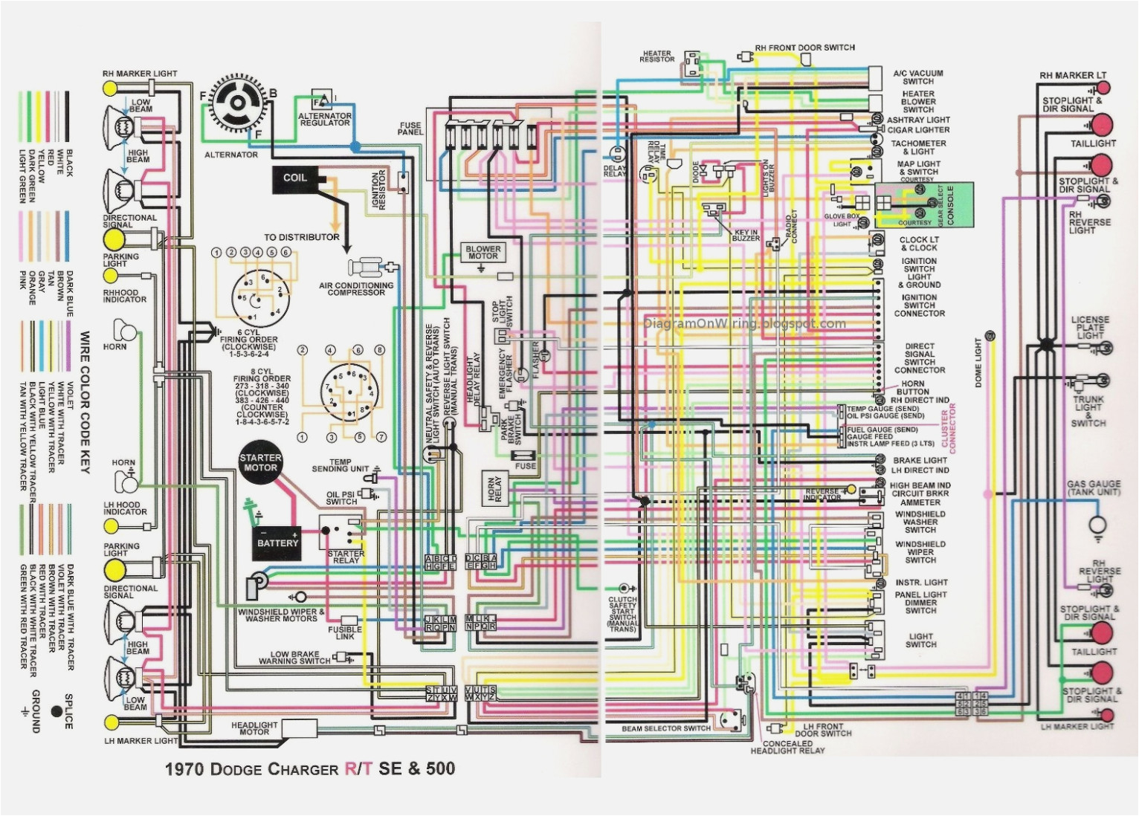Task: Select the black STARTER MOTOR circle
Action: tap(260, 463)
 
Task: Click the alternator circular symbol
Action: tap(237, 105)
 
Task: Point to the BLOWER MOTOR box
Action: tap(483, 253)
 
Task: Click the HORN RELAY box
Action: tap(494, 489)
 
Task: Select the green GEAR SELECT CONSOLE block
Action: tap(924, 205)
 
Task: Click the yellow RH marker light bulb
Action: tap(110, 88)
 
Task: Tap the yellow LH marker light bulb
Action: tap(111, 722)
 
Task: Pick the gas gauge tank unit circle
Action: tap(1097, 525)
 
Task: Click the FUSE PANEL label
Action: tap(410, 129)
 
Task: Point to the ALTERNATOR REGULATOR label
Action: tap(325, 119)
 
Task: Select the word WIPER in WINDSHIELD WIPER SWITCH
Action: tap(920, 552)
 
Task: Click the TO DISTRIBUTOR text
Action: tap(301, 237)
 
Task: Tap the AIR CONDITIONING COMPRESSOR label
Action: tap(356, 289)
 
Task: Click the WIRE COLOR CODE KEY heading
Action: tap(85, 403)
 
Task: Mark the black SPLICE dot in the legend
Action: tap(57, 711)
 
